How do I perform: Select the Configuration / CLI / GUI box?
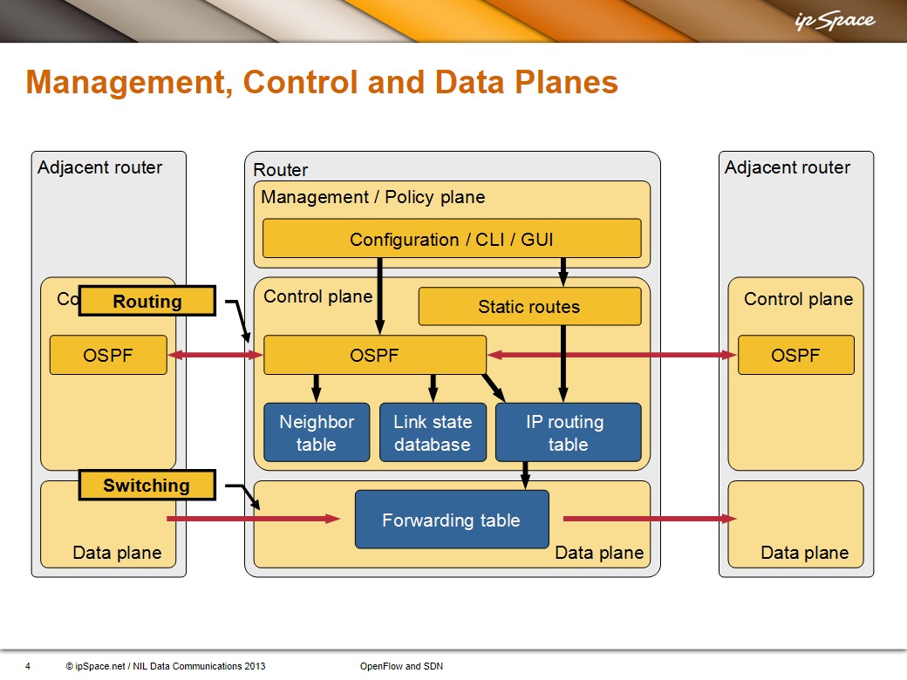pos(451,239)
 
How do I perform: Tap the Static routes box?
pos(529,306)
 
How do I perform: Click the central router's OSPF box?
pos(374,355)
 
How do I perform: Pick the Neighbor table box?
pos(316,432)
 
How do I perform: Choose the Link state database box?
pos(432,432)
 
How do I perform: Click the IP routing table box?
pos(567,432)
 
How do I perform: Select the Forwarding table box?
pos(451,520)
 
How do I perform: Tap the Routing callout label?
pos(147,302)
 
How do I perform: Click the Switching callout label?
pos(147,486)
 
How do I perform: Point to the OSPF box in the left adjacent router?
pos(107,355)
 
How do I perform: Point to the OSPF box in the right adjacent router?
pos(795,355)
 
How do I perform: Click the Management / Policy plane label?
pos(372,197)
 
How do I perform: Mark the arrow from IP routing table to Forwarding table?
pos(525,475)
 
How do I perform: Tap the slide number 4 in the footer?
pos(28,666)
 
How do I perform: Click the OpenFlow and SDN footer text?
pos(401,666)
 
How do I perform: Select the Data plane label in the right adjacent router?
pos(804,553)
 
